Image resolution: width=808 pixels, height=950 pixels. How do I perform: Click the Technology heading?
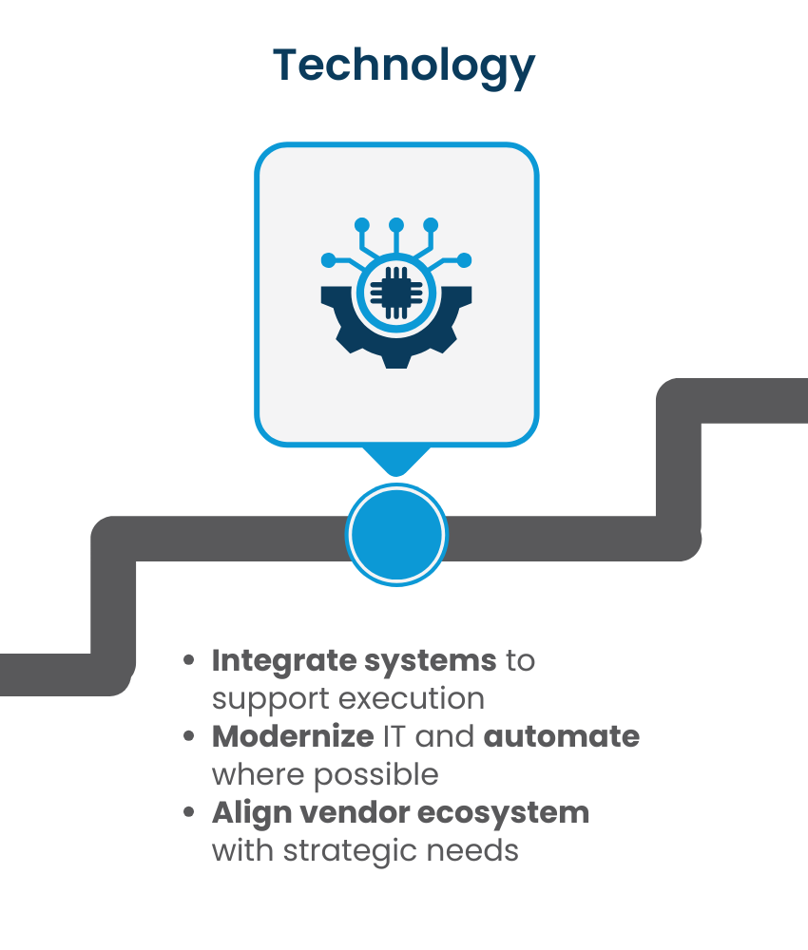404,66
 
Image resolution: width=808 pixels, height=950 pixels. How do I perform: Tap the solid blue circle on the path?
396,535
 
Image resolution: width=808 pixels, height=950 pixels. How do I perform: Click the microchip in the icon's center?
396,293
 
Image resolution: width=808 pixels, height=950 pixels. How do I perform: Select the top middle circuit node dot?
396,225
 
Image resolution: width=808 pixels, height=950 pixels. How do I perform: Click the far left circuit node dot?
329,260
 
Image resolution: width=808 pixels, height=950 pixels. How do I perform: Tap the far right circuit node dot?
464,260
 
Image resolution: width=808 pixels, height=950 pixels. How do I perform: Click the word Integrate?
284,661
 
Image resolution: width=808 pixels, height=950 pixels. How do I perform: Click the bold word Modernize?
293,737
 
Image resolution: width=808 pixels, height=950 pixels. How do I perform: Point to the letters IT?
394,737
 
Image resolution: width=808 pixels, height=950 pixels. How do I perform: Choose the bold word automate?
562,737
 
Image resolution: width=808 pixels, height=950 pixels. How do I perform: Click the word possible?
375,775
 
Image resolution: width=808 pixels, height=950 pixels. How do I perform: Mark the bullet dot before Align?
189,812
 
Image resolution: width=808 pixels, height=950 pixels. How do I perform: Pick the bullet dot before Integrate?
189,660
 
